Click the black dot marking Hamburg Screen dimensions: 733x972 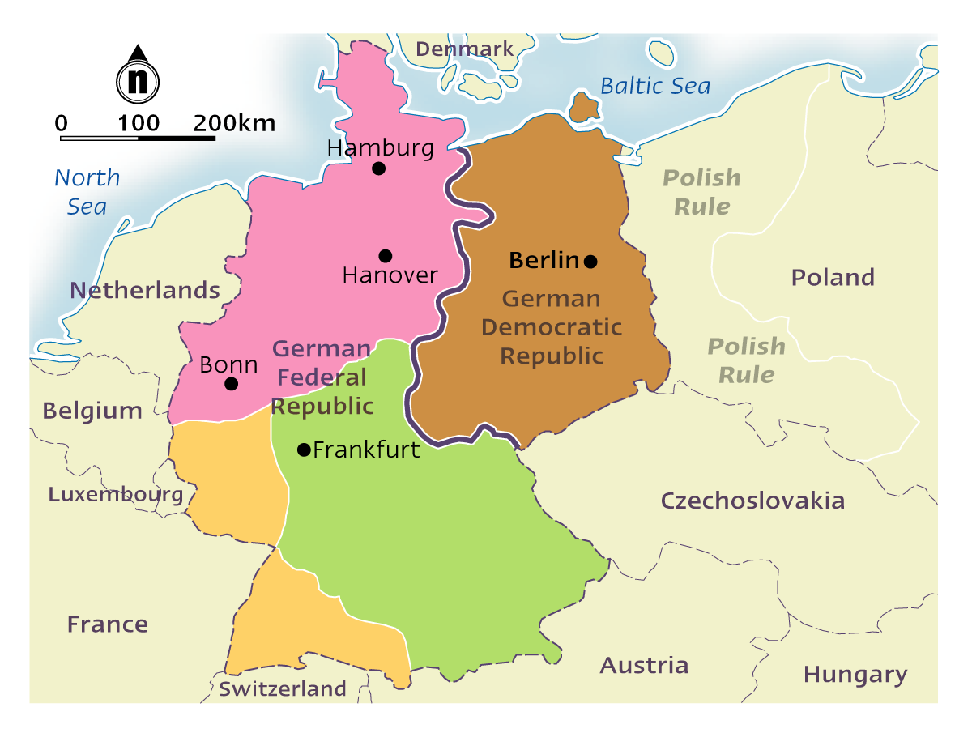[378, 168]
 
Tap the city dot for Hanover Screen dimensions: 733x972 [386, 256]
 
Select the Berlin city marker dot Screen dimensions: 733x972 [591, 261]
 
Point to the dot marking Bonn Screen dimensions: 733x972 [232, 384]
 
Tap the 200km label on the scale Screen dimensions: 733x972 [234, 124]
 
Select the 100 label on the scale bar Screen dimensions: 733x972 [139, 124]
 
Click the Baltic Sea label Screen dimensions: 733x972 [654, 86]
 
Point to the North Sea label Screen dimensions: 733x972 [87, 192]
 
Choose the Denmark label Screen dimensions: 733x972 [464, 49]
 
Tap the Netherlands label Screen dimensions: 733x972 [144, 290]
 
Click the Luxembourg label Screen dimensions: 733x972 [116, 494]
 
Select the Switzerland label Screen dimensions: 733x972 [282, 689]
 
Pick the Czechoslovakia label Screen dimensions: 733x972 [752, 501]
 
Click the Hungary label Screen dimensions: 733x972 [855, 675]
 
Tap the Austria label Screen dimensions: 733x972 [644, 666]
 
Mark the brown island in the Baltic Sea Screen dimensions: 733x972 [584, 107]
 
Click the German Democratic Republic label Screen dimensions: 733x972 [552, 327]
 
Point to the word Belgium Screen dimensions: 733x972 [92, 411]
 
